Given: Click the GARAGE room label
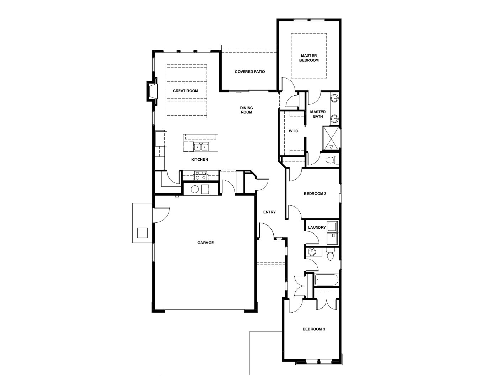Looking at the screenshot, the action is (x=205, y=243).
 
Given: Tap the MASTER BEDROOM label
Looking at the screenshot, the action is (x=309, y=58).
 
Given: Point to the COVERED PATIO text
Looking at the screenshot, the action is (x=250, y=72).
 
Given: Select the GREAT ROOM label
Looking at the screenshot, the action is (x=185, y=91).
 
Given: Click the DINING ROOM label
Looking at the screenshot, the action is (x=247, y=110).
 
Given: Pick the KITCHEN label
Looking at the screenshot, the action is (x=200, y=159).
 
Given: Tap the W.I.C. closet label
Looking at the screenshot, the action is (x=294, y=131).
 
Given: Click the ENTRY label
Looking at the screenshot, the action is (x=269, y=212).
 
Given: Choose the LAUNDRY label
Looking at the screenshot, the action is (x=317, y=228).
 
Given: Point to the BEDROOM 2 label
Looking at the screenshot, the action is (x=315, y=193).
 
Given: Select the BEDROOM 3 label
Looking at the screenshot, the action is (x=314, y=329).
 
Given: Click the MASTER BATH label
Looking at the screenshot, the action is (x=318, y=114).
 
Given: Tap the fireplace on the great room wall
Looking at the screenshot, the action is (x=152, y=91).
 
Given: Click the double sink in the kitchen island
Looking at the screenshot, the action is (x=201, y=147).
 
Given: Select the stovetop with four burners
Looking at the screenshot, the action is (x=200, y=176).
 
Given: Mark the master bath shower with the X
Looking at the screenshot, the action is (x=331, y=138).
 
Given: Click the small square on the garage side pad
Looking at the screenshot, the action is (x=142, y=233).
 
